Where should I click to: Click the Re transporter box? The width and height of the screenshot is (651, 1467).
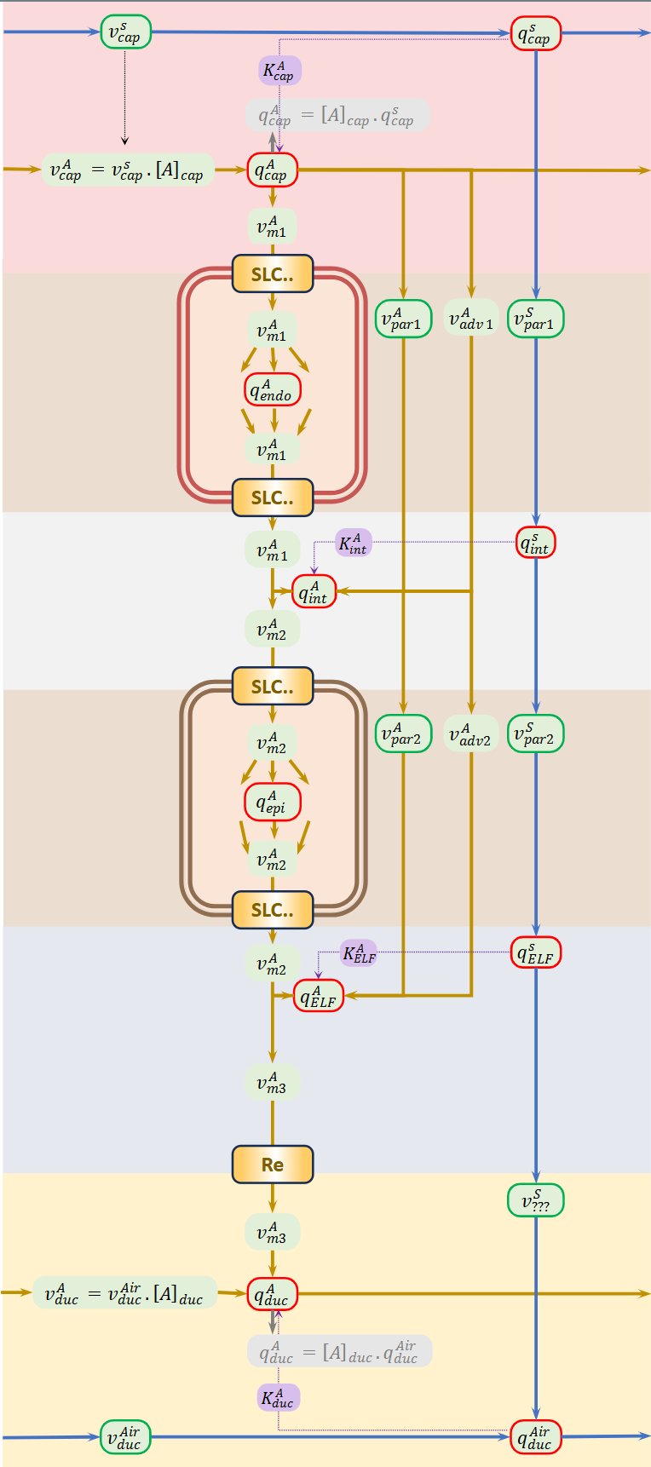(x=273, y=1165)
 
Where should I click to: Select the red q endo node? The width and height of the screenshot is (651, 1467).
(x=273, y=390)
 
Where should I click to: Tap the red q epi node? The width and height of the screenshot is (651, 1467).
(x=273, y=803)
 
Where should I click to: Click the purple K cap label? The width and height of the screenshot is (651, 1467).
(x=279, y=71)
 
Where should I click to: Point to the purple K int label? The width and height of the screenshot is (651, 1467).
(x=353, y=543)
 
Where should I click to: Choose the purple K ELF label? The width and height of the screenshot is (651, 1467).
(x=359, y=953)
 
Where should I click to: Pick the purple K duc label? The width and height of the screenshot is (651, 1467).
(x=279, y=1397)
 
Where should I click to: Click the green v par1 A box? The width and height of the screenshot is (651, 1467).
(x=403, y=319)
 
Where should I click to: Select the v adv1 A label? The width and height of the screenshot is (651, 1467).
(x=471, y=319)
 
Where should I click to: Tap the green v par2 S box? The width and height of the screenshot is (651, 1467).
(x=535, y=733)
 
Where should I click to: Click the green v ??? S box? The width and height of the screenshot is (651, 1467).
(x=535, y=1200)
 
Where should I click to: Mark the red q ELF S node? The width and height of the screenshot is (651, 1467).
(x=535, y=953)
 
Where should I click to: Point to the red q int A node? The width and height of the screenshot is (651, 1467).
(x=314, y=591)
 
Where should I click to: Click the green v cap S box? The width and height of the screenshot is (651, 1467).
(x=125, y=32)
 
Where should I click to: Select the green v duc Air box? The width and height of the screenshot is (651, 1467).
(x=125, y=1436)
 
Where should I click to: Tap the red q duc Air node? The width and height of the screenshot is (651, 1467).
(x=535, y=1436)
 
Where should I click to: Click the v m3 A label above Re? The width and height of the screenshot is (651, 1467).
(x=272, y=1083)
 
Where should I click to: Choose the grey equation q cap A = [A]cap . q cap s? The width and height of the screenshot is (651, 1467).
(x=337, y=115)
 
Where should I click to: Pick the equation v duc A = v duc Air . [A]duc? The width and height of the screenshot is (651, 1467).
(x=124, y=1293)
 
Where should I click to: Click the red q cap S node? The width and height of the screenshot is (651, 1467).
(x=535, y=34)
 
